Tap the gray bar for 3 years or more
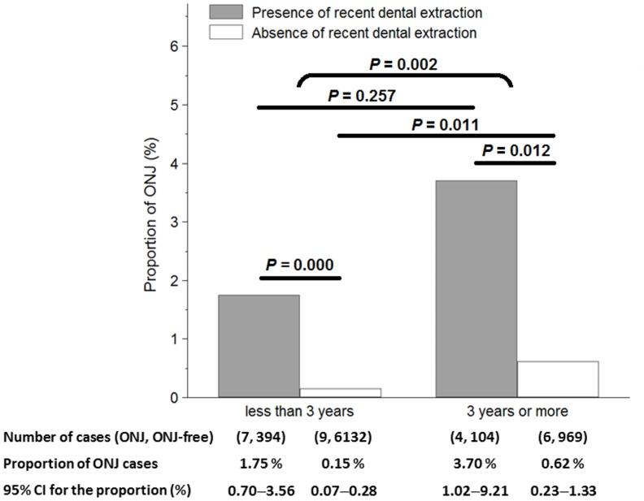coord(476,289)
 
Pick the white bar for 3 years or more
coord(558,379)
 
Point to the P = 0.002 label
coord(403,64)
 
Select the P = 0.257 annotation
coord(362,96)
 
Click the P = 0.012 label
coord(516,151)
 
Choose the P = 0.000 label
coord(299,265)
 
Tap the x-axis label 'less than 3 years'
coord(299,412)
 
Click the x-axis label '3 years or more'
coord(517,412)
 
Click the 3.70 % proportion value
coord(476,464)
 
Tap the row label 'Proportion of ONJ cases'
coord(80,464)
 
